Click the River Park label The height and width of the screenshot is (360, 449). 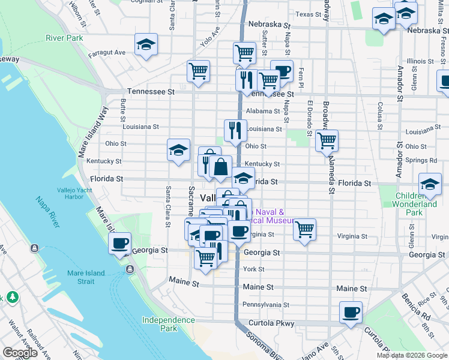(65, 38)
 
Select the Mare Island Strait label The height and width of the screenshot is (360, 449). (86, 277)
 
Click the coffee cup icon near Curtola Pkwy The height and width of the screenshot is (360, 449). (351, 313)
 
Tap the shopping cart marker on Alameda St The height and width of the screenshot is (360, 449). (327, 141)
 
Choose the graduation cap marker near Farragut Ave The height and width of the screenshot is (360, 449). (146, 44)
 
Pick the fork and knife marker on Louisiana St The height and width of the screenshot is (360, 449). (235, 130)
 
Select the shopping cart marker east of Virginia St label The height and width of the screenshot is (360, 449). (305, 229)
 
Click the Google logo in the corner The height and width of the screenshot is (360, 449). (20, 353)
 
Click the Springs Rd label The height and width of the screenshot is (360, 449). (421, 161)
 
